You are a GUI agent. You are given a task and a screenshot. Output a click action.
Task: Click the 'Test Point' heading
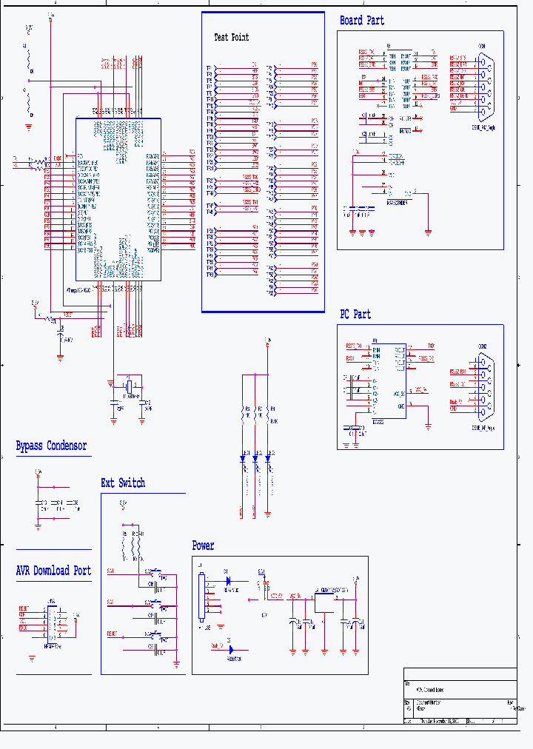(x=231, y=37)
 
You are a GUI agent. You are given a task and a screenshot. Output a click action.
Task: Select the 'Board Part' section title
(x=362, y=21)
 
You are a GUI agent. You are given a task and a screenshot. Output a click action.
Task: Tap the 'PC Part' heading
(x=355, y=315)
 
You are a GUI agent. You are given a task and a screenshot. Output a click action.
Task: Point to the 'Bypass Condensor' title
(x=51, y=446)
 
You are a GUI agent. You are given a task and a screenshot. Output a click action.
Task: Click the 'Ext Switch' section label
(x=123, y=483)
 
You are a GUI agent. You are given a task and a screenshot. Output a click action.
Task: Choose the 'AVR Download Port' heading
(x=53, y=571)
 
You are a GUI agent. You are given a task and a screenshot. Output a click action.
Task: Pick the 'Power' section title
(x=203, y=546)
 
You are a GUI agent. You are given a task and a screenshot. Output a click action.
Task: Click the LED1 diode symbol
(x=242, y=459)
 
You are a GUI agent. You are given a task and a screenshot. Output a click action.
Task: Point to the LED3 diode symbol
(x=268, y=459)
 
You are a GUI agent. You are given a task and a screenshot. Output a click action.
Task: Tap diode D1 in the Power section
(x=227, y=580)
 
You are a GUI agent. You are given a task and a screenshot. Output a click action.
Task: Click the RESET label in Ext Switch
(x=111, y=634)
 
